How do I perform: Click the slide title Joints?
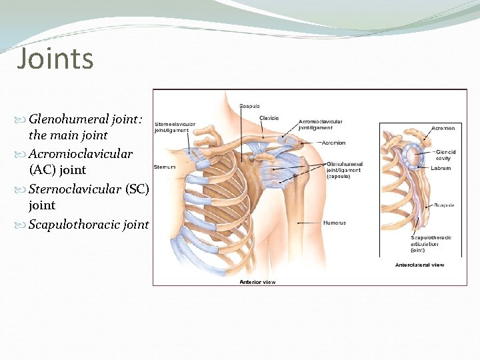55,59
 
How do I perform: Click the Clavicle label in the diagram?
269,118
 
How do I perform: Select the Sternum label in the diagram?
164,166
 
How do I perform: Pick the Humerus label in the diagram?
334,222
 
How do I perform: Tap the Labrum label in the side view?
441,168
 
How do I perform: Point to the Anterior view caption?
257,282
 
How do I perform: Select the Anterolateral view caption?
419,265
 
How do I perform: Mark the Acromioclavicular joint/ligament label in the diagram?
321,124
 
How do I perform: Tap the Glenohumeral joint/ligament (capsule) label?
345,169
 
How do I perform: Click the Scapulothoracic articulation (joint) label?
431,243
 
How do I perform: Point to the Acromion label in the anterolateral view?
443,127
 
